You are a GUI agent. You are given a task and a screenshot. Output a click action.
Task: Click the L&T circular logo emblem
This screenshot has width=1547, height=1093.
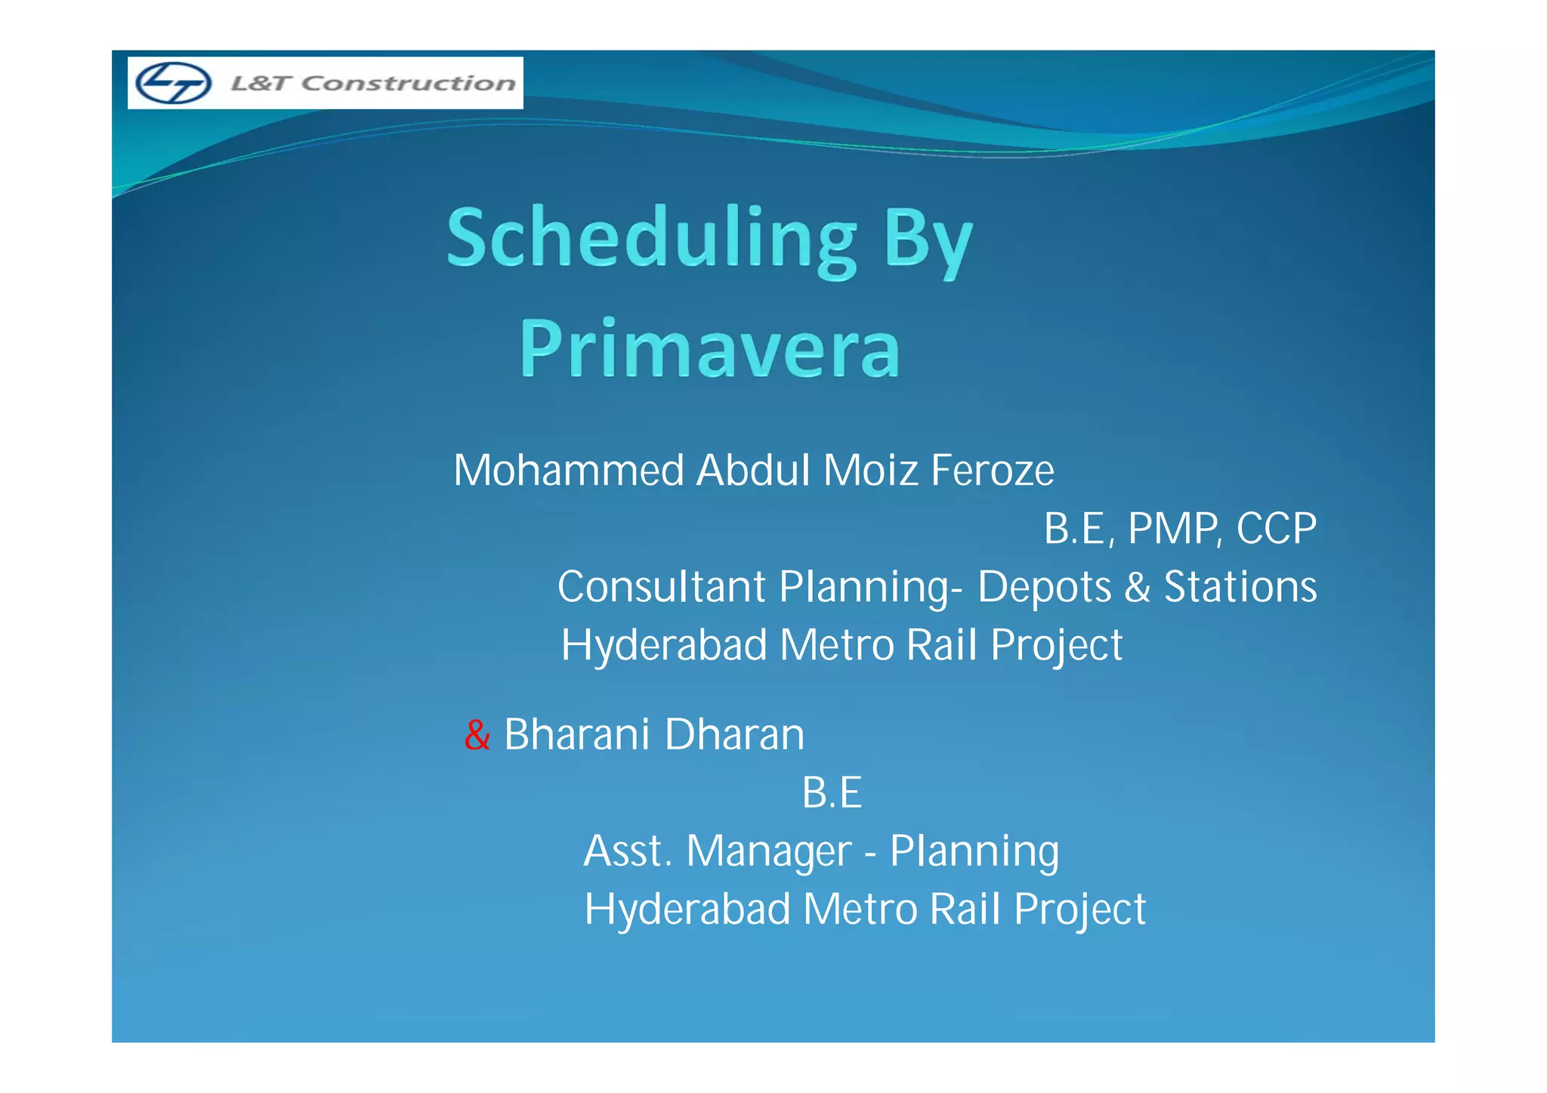tap(173, 83)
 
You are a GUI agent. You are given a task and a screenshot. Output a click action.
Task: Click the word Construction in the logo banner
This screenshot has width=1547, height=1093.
tap(409, 83)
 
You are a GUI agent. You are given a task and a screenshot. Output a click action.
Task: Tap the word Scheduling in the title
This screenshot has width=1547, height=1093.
tap(651, 239)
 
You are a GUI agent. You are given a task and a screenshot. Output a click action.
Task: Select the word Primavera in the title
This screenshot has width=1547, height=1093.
tap(710, 350)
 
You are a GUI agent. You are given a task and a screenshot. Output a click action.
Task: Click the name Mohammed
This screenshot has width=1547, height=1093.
tap(569, 471)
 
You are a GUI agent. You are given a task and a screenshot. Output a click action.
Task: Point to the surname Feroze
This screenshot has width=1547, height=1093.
tap(992, 471)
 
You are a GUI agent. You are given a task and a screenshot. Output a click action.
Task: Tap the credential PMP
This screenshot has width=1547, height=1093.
tap(1173, 529)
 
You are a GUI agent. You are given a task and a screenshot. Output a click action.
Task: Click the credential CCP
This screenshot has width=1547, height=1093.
tap(1276, 529)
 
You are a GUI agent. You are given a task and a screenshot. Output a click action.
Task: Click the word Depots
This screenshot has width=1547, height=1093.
tap(1045, 587)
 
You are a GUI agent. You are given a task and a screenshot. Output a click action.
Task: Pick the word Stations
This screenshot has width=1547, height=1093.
tap(1240, 587)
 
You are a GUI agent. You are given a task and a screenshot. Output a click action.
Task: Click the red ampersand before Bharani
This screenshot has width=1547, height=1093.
tap(477, 735)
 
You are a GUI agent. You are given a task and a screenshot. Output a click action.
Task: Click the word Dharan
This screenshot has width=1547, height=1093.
tap(735, 735)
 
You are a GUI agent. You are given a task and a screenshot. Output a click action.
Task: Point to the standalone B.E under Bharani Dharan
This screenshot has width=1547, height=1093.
tap(832, 793)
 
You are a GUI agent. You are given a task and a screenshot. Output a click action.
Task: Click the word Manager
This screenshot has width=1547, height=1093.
tap(770, 851)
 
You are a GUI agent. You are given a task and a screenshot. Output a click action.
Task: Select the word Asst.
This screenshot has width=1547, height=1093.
tap(627, 851)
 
